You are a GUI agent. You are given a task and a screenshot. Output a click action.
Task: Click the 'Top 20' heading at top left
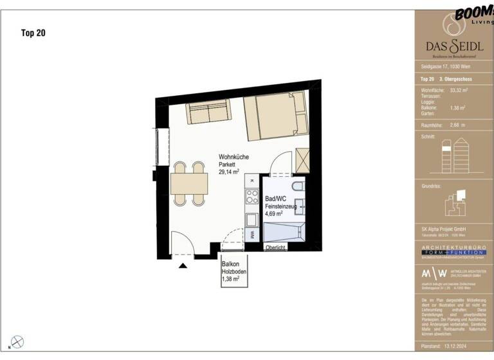pos(34,31)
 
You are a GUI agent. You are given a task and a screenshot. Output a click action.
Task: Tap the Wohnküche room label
pos(233,157)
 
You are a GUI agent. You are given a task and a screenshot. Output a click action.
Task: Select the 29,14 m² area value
pos(229,172)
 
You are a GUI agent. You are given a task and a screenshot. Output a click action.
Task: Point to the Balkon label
pos(231,264)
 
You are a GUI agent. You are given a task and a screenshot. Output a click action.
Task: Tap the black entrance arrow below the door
pos(183,264)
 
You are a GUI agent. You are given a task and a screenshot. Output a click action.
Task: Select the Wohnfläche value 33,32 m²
pos(459,91)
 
